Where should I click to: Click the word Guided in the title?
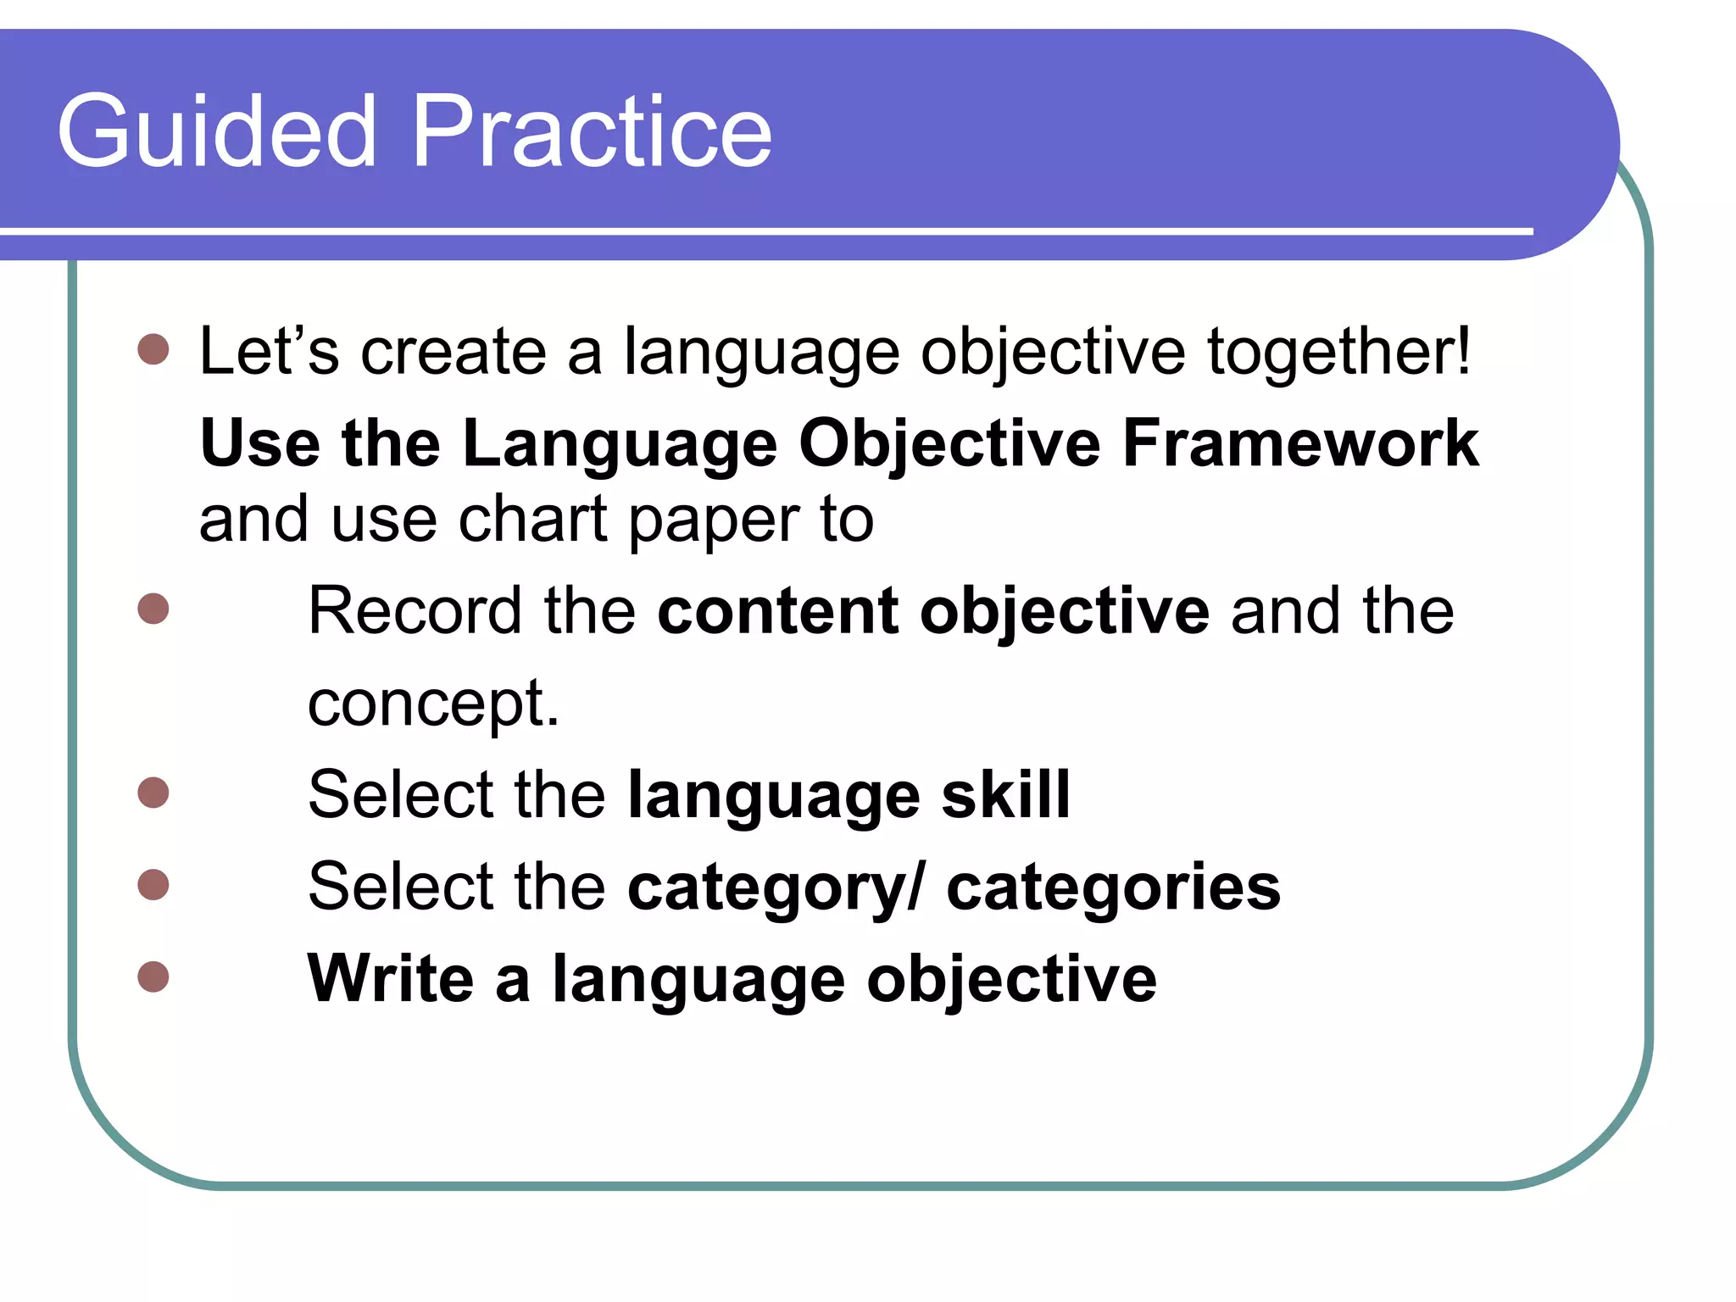point(216,131)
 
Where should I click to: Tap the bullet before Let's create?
point(153,349)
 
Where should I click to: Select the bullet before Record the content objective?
point(153,609)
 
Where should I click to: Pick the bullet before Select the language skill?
point(153,793)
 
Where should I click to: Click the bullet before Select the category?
point(153,884)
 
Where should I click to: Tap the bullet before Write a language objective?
point(153,976)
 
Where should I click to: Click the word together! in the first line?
point(1338,352)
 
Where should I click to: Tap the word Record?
point(415,610)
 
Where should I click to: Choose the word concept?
point(432,704)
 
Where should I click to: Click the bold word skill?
point(1005,794)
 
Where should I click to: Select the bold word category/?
point(776,887)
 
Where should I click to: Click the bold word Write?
point(390,978)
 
